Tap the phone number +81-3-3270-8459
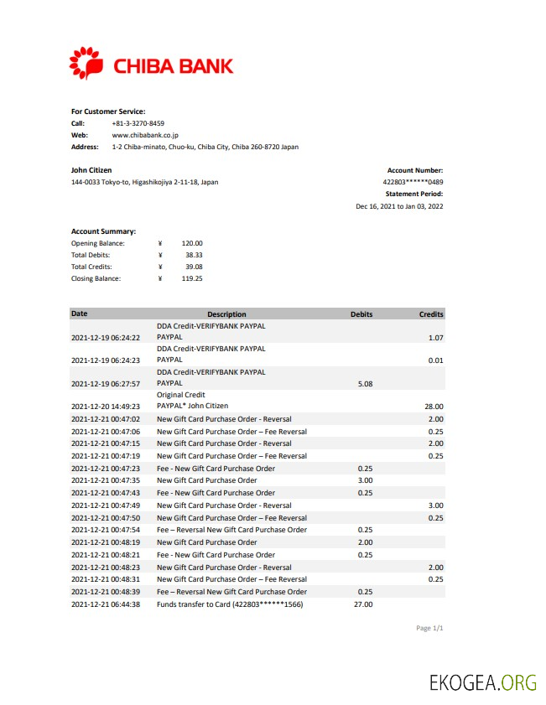[138, 123]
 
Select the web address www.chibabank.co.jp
[144, 135]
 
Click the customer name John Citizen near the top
[91, 170]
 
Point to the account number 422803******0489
[413, 182]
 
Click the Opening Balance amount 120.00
[192, 243]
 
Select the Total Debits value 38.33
[194, 255]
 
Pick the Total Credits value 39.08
[194, 267]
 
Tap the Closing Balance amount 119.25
[192, 278]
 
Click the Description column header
[226, 314]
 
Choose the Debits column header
[361, 314]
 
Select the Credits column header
[431, 314]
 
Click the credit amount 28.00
[434, 407]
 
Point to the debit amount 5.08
[365, 384]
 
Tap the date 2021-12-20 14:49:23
[106, 407]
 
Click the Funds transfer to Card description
[229, 604]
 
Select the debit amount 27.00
[363, 604]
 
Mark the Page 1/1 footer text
[429, 628]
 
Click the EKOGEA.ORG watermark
[481, 682]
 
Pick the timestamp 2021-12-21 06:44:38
[106, 604]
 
